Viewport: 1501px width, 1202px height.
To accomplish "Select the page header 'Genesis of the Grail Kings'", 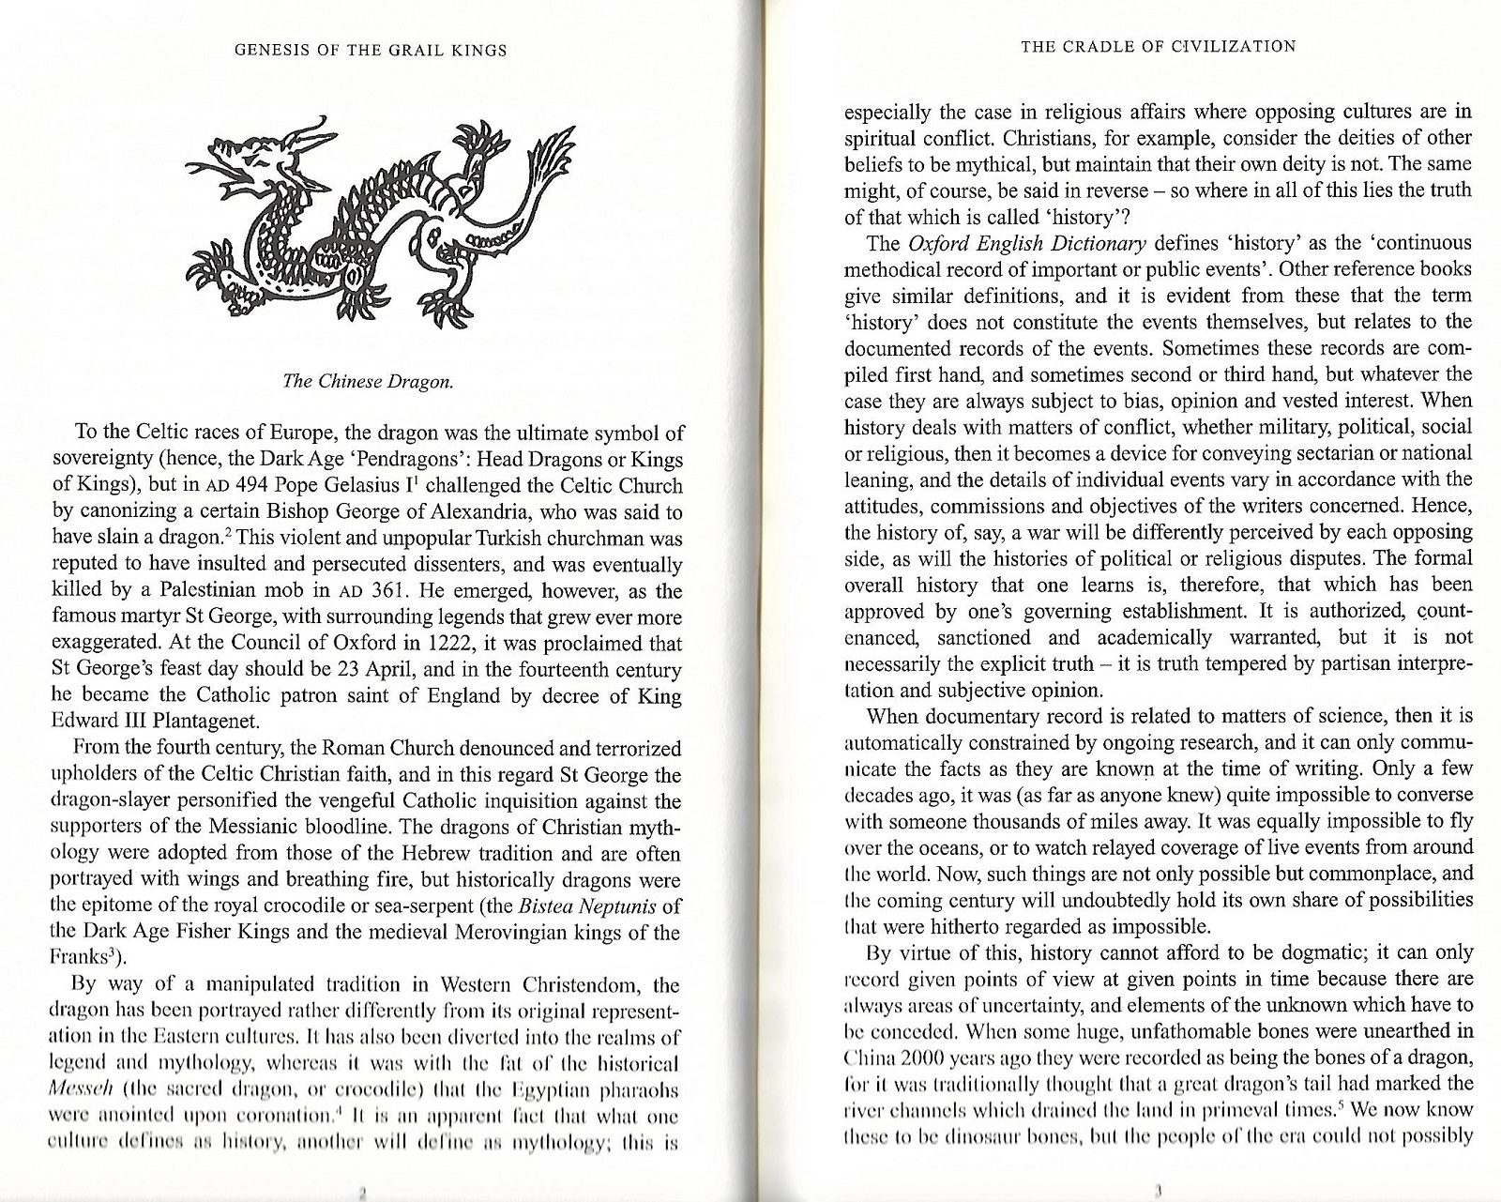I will (x=371, y=50).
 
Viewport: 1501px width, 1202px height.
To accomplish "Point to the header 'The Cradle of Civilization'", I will (x=1159, y=46).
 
